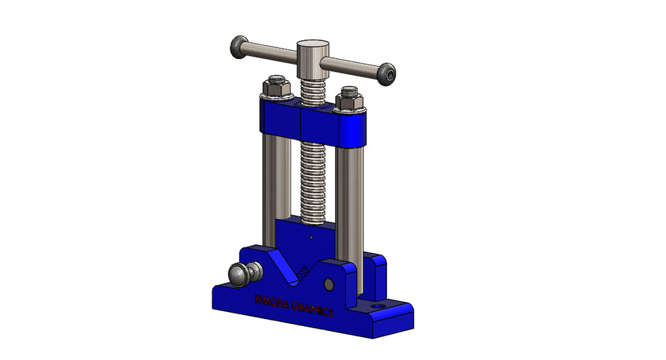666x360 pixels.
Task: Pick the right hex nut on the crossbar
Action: [348, 100]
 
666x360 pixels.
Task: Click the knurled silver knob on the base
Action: [244, 275]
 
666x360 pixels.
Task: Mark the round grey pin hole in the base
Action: [329, 284]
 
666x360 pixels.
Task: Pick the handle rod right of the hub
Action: [350, 66]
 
